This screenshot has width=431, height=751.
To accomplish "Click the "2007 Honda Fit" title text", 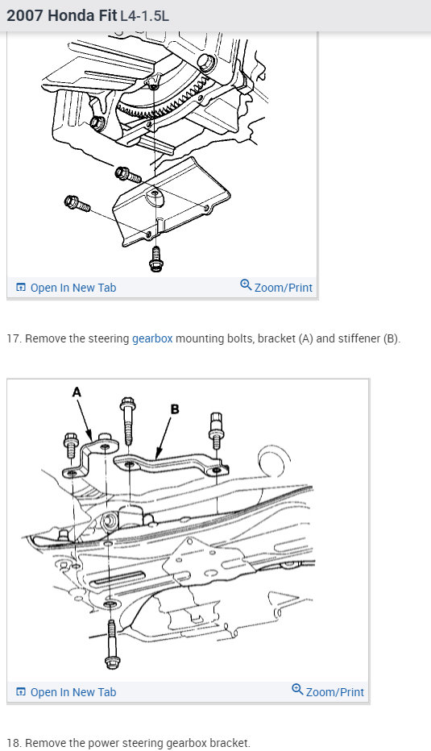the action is pos(62,15).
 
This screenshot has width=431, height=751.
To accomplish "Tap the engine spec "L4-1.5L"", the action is pos(144,16).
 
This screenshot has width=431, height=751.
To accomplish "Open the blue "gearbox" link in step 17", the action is pos(152,338).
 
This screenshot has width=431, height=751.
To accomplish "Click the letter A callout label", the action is pos(77,392).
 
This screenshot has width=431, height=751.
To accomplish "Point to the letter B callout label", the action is pos(175,409).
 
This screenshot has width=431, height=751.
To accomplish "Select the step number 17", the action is pos(15,338).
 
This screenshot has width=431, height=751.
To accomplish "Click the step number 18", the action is pos(15,743).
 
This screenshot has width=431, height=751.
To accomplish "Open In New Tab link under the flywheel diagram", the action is pos(66,288).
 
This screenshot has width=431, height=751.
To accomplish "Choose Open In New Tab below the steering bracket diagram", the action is pos(66,692).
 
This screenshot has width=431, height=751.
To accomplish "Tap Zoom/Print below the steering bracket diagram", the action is pos(328,691).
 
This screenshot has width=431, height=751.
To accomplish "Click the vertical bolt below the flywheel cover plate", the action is pos(155,259).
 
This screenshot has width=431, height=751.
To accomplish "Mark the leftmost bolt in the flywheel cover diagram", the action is pos(77,204).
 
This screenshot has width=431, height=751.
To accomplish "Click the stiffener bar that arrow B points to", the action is pos(168,463).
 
